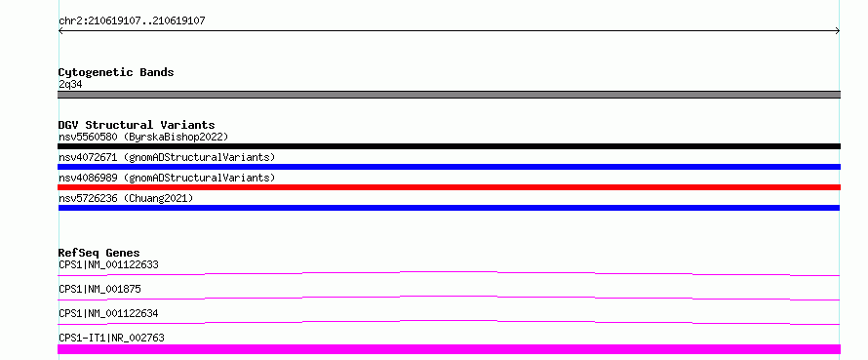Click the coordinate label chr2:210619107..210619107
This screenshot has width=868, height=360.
pos(132,21)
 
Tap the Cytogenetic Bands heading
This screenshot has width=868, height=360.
pos(116,72)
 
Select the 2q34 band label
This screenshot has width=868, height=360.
pos(71,85)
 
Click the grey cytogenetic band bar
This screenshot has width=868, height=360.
pos(449,95)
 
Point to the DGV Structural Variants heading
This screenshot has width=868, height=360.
pos(137,125)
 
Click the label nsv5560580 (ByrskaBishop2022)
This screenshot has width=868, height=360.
pos(143,137)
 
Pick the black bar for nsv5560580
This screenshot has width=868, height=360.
pos(449,146)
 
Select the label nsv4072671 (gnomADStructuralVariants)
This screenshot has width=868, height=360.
pos(167,157)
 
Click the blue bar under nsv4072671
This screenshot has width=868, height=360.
pos(449,167)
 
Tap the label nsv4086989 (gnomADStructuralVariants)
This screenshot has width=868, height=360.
pos(167,178)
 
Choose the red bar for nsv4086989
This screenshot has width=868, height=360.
pos(449,187)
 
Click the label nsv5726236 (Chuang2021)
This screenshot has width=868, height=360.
pos(126,198)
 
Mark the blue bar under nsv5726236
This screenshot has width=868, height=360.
pos(449,208)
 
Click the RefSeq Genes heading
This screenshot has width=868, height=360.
pos(99,253)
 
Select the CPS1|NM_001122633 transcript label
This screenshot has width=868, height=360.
pos(108,264)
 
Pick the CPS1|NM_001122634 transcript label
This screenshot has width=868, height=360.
pos(108,313)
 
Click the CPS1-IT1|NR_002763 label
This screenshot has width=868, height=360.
pos(111,338)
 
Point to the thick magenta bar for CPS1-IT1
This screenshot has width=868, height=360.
pos(449,349)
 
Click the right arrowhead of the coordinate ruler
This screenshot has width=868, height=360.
pos(839,31)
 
